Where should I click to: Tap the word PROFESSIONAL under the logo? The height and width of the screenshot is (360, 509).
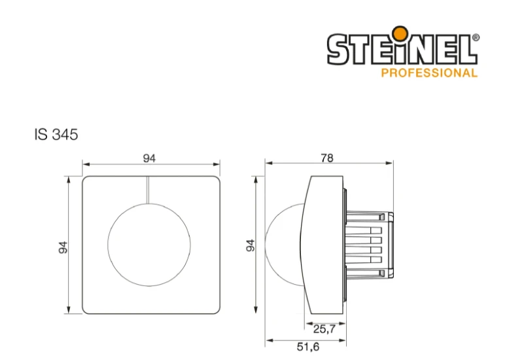click(429, 73)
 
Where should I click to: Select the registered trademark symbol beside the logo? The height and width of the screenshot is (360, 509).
click(476, 37)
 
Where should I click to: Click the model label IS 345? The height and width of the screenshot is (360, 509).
click(56, 135)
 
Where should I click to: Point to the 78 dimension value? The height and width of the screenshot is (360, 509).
click(327, 158)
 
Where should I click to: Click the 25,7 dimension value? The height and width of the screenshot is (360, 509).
click(325, 329)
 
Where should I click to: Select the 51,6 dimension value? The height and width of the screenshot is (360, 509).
click(308, 347)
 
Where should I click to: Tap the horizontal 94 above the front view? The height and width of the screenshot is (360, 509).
click(149, 158)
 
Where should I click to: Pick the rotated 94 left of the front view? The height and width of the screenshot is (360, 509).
click(63, 247)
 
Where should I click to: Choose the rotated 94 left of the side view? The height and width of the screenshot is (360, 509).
click(251, 245)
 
